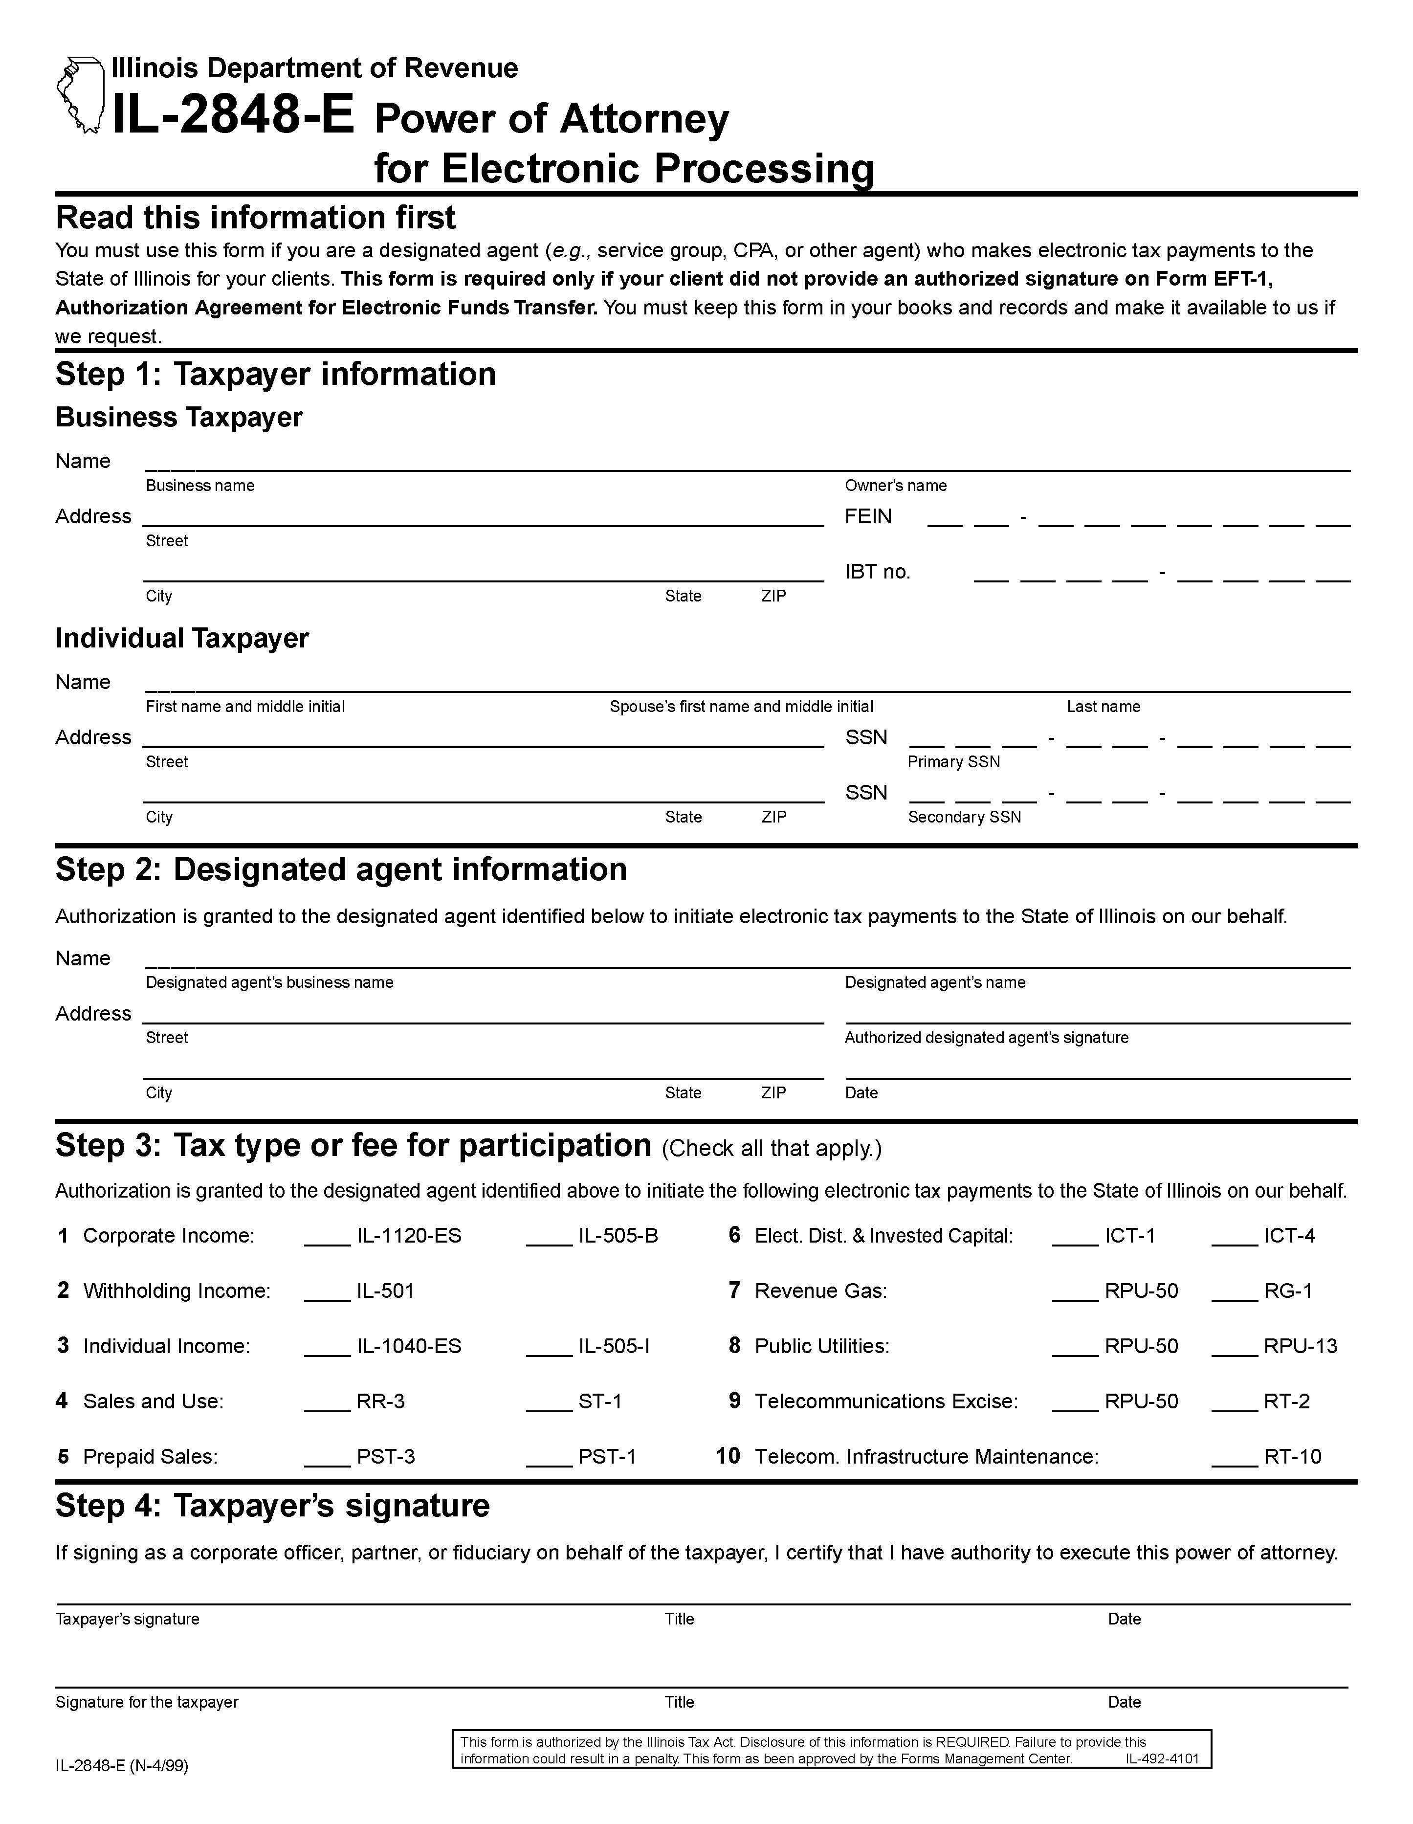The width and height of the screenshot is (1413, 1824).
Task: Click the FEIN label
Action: tap(868, 516)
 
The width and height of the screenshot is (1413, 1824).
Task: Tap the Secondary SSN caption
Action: tap(964, 817)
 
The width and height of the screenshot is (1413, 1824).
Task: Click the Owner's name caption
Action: tap(895, 485)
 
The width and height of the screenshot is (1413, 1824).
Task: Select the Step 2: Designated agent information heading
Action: tap(341, 869)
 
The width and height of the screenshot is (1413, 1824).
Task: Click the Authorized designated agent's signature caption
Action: tap(986, 1037)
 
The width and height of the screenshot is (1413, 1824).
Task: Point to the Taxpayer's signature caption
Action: tap(127, 1619)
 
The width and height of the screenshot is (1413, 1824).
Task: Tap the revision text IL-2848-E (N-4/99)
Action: tap(122, 1765)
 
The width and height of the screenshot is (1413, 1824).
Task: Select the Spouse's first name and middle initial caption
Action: tap(741, 707)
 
